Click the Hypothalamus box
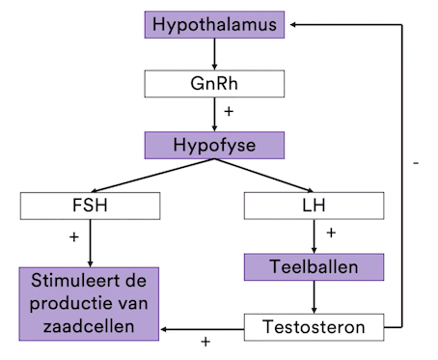[215, 24]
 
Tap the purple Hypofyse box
[215, 147]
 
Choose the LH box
[314, 206]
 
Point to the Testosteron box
[314, 327]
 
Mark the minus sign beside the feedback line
[415, 164]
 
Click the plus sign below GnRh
[229, 112]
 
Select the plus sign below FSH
[73, 235]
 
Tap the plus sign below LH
[331, 233]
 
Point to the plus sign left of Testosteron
[205, 342]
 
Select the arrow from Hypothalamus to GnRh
[215, 53]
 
